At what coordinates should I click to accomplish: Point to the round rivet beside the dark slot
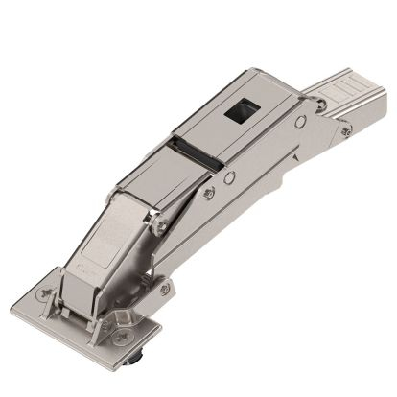(x=229, y=176)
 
